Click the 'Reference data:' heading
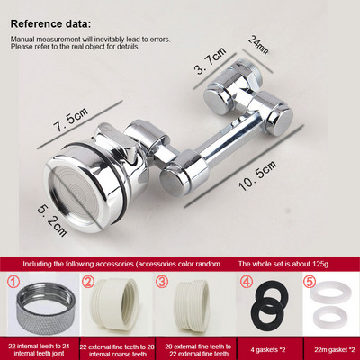coord(50,24)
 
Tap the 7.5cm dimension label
coord(71,120)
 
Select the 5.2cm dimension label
coord(52,220)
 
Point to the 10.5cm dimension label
coord(258,175)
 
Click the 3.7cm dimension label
coord(211,60)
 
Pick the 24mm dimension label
coord(258,45)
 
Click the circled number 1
coord(14,282)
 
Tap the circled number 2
coord(88,282)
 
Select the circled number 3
coord(162,282)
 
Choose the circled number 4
coord(247,282)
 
